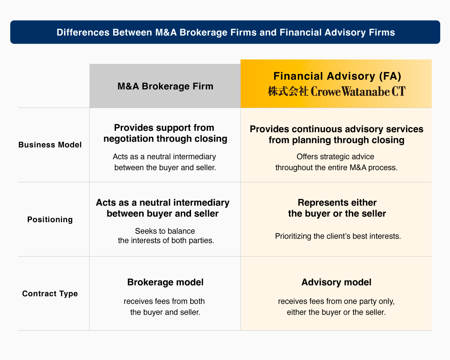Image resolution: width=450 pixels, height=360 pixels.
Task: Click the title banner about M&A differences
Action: [x=225, y=32]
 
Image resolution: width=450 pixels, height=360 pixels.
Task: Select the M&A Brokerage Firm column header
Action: [x=165, y=86]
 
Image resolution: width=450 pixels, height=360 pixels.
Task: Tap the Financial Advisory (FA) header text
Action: [x=337, y=76]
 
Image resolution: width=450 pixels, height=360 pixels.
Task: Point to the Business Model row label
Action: [x=50, y=145]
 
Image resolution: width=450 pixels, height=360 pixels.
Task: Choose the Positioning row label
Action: [x=50, y=219]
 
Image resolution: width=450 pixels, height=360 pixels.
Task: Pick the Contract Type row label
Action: [x=50, y=294]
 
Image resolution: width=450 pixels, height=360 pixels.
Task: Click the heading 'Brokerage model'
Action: [x=165, y=282]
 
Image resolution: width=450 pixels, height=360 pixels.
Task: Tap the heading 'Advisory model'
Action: [x=336, y=282]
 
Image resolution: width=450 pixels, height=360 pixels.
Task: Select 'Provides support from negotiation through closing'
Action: [x=165, y=133]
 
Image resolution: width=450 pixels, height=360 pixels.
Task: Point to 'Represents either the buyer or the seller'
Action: [x=337, y=208]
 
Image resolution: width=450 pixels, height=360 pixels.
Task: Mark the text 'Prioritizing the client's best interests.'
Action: [x=338, y=236]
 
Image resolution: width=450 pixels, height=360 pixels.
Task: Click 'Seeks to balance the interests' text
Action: [x=166, y=235]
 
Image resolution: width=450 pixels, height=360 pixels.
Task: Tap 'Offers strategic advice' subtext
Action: [x=335, y=157]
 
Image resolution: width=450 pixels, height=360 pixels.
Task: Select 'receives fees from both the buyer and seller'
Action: [x=165, y=307]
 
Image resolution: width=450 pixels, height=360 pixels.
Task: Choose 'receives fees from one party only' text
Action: [x=336, y=301]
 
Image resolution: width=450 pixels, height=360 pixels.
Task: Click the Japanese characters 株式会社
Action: [x=288, y=91]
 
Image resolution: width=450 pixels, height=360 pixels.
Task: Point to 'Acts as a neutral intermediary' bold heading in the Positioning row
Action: [x=163, y=203]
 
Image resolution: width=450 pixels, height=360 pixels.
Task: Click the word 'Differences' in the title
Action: [x=83, y=32]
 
